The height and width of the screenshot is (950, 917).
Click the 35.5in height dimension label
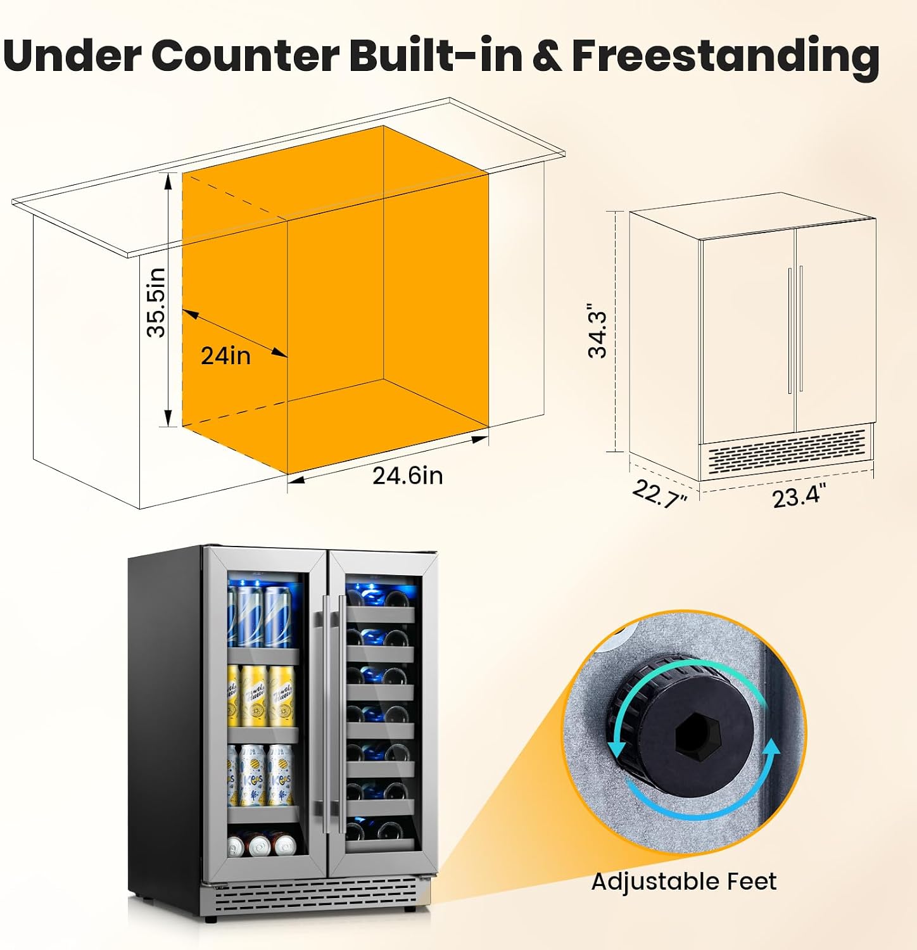click(x=156, y=302)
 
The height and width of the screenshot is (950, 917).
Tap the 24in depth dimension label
click(x=225, y=356)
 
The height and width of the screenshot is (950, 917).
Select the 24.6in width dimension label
click(x=407, y=475)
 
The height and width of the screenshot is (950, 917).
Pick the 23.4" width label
click(x=799, y=496)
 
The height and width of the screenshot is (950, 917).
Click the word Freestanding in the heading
click(x=726, y=56)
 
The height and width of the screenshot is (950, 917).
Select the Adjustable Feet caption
click(x=684, y=881)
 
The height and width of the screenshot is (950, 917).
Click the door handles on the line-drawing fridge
click(x=796, y=329)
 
